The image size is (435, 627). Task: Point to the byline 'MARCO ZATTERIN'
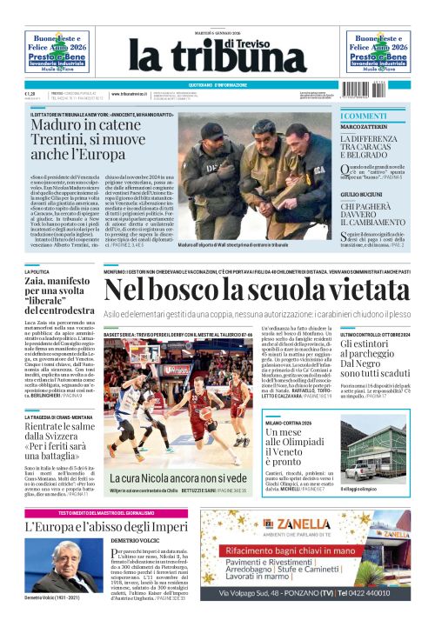tap(364, 128)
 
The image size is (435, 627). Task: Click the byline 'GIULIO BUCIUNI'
tap(363, 196)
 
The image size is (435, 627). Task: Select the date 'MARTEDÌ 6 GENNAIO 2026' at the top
tap(217, 33)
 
